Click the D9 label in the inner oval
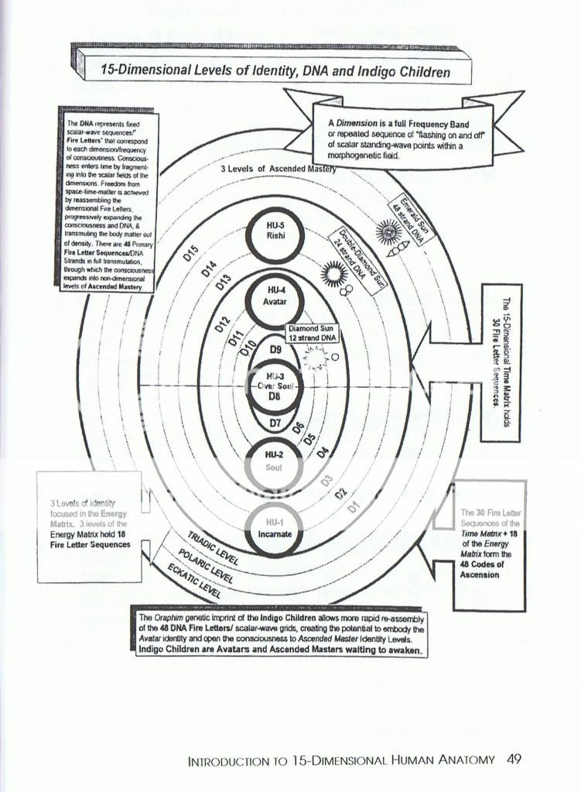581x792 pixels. [275, 349]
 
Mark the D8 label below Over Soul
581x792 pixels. [275, 398]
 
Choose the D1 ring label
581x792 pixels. [353, 507]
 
